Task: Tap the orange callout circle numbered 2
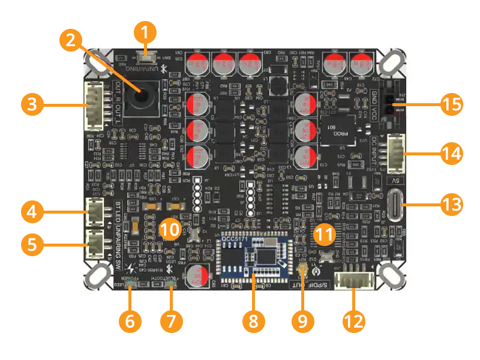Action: coord(71,42)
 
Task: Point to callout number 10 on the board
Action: coord(170,227)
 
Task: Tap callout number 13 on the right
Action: coord(451,204)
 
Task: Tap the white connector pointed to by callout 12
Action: coord(355,280)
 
